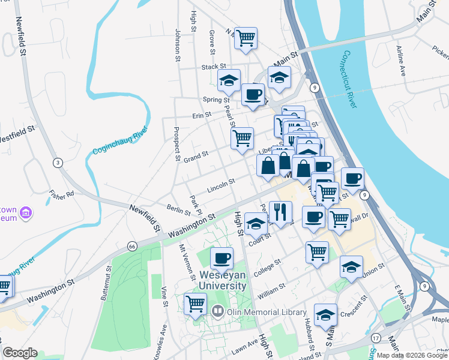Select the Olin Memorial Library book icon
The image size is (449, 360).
click(x=217, y=311)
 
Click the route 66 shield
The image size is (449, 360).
click(x=132, y=246)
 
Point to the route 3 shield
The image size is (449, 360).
click(x=58, y=162)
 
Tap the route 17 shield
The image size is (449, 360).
click(x=376, y=338)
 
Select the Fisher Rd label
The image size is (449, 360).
click(x=61, y=194)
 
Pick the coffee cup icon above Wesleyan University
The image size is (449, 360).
click(x=221, y=259)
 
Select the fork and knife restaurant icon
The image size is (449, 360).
click(x=280, y=211)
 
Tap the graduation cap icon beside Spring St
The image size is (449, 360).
click(x=229, y=80)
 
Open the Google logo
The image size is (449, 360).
click(x=20, y=353)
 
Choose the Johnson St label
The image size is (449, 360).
click(x=178, y=45)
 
